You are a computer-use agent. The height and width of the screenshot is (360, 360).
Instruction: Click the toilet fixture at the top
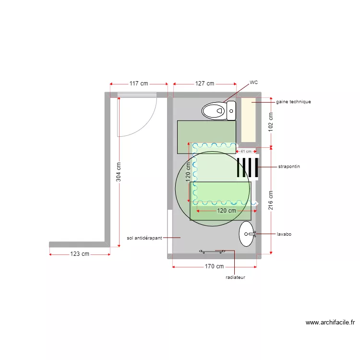(x=219, y=110)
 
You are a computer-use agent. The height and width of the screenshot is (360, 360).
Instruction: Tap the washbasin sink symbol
(x=247, y=234)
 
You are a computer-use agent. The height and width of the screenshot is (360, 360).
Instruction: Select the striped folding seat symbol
(x=248, y=167)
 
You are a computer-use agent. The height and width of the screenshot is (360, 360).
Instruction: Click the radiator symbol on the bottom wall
(x=213, y=251)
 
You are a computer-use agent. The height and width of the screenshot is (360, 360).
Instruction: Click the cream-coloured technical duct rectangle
(x=248, y=120)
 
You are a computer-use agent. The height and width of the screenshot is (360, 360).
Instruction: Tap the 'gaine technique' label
(x=293, y=102)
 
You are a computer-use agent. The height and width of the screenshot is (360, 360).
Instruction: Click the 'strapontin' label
(x=289, y=167)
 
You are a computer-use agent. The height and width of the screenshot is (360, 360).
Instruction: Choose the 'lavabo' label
(x=284, y=234)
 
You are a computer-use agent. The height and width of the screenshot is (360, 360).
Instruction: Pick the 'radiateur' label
(x=236, y=277)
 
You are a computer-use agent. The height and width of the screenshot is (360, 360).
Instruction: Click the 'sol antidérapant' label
(x=144, y=237)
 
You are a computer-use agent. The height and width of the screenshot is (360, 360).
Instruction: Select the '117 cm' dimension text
(x=139, y=83)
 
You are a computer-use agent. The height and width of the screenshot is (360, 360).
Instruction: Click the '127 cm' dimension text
(x=204, y=83)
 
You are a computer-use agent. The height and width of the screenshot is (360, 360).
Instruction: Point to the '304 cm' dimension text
(x=119, y=170)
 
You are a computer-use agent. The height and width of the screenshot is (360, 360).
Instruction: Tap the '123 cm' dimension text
(x=80, y=254)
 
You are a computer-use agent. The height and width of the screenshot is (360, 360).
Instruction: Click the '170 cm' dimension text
(x=214, y=266)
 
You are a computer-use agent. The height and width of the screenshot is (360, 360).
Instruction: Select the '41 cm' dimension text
(x=245, y=151)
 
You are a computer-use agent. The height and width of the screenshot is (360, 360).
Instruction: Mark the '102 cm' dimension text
(x=271, y=122)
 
